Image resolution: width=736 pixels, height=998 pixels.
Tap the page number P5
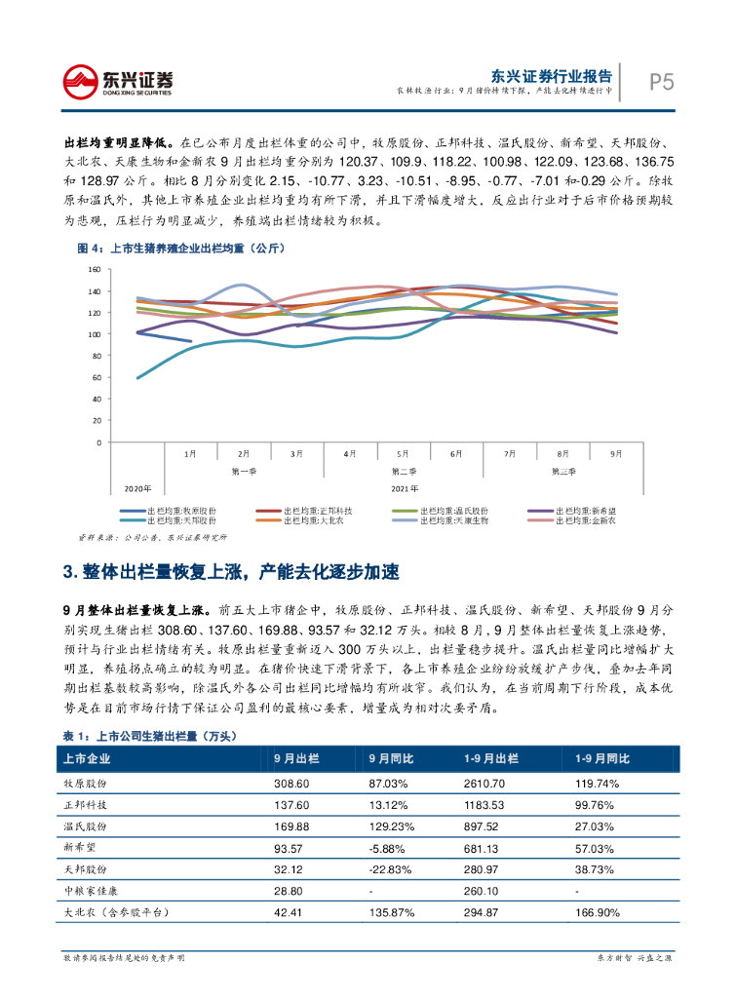(662, 83)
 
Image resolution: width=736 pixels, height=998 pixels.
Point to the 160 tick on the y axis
(95, 269)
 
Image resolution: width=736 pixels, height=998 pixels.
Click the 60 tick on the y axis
(97, 377)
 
